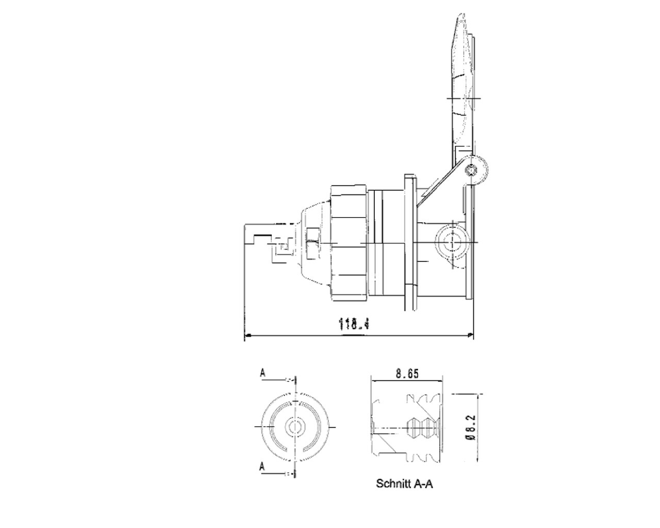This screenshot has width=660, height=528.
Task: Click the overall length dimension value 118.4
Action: [x=355, y=324]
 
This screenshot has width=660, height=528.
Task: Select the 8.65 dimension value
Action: [x=407, y=374]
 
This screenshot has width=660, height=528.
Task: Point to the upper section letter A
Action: [x=262, y=373]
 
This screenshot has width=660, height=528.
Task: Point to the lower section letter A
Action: [x=262, y=467]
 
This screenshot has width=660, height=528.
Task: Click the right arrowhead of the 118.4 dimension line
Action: [x=470, y=336]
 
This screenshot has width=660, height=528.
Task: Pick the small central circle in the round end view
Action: [x=295, y=426]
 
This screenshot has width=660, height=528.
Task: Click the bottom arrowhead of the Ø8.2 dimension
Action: [x=480, y=460]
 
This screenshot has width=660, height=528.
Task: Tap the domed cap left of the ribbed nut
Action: [x=315, y=242]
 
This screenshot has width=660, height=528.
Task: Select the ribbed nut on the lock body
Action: [x=348, y=242]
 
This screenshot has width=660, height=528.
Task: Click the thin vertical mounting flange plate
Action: [x=409, y=242]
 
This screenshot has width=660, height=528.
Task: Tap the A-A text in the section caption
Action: [x=423, y=484]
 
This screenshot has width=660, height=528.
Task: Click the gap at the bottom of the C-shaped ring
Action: [x=295, y=454]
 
